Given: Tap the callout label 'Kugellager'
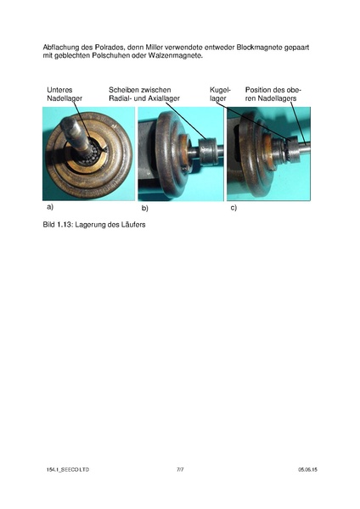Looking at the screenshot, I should tap(219, 94).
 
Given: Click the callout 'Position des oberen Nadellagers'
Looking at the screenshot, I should tap(273, 94).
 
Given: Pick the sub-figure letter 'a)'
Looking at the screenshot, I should tap(50, 207).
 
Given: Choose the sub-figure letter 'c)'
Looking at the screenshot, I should tap(233, 207).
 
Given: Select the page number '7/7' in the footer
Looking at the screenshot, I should tap(180, 469).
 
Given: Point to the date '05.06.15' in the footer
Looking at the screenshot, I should tap(307, 469).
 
